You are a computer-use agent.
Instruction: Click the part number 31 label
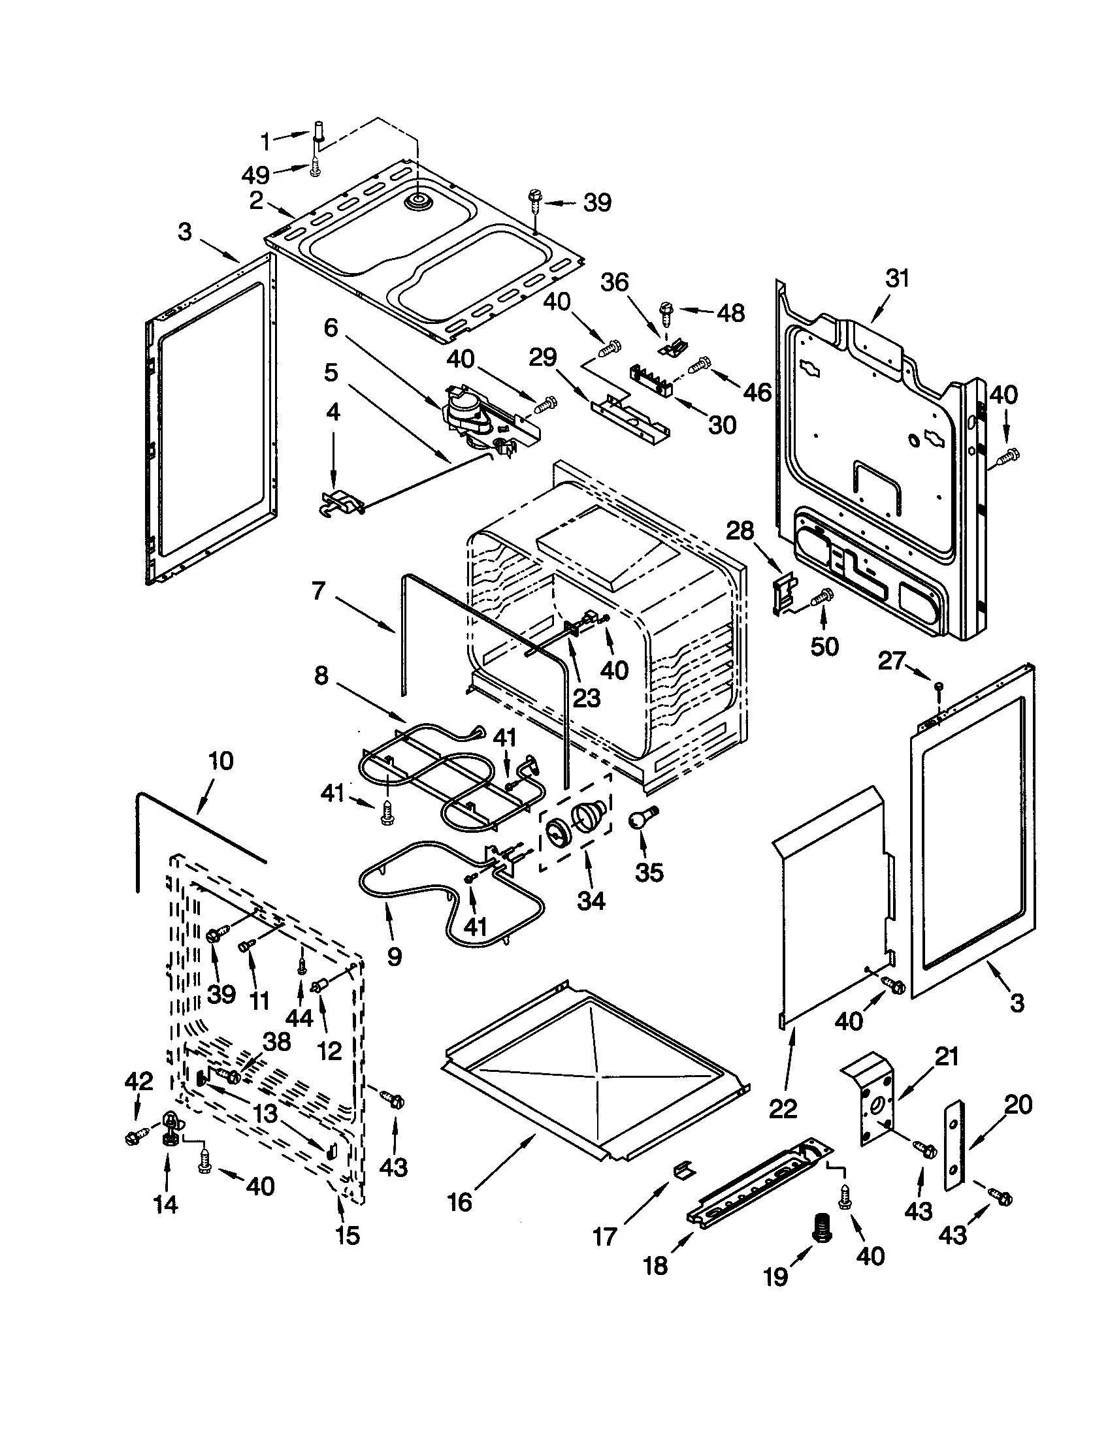coord(897,278)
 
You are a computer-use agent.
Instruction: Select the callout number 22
coord(782,1108)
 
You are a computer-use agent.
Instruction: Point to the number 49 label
coord(255,175)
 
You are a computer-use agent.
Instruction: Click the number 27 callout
coord(892,661)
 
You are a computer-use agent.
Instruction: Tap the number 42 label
coord(138,1082)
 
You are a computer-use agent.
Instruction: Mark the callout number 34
coord(590,900)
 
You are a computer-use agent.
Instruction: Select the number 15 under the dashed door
coord(348,1235)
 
